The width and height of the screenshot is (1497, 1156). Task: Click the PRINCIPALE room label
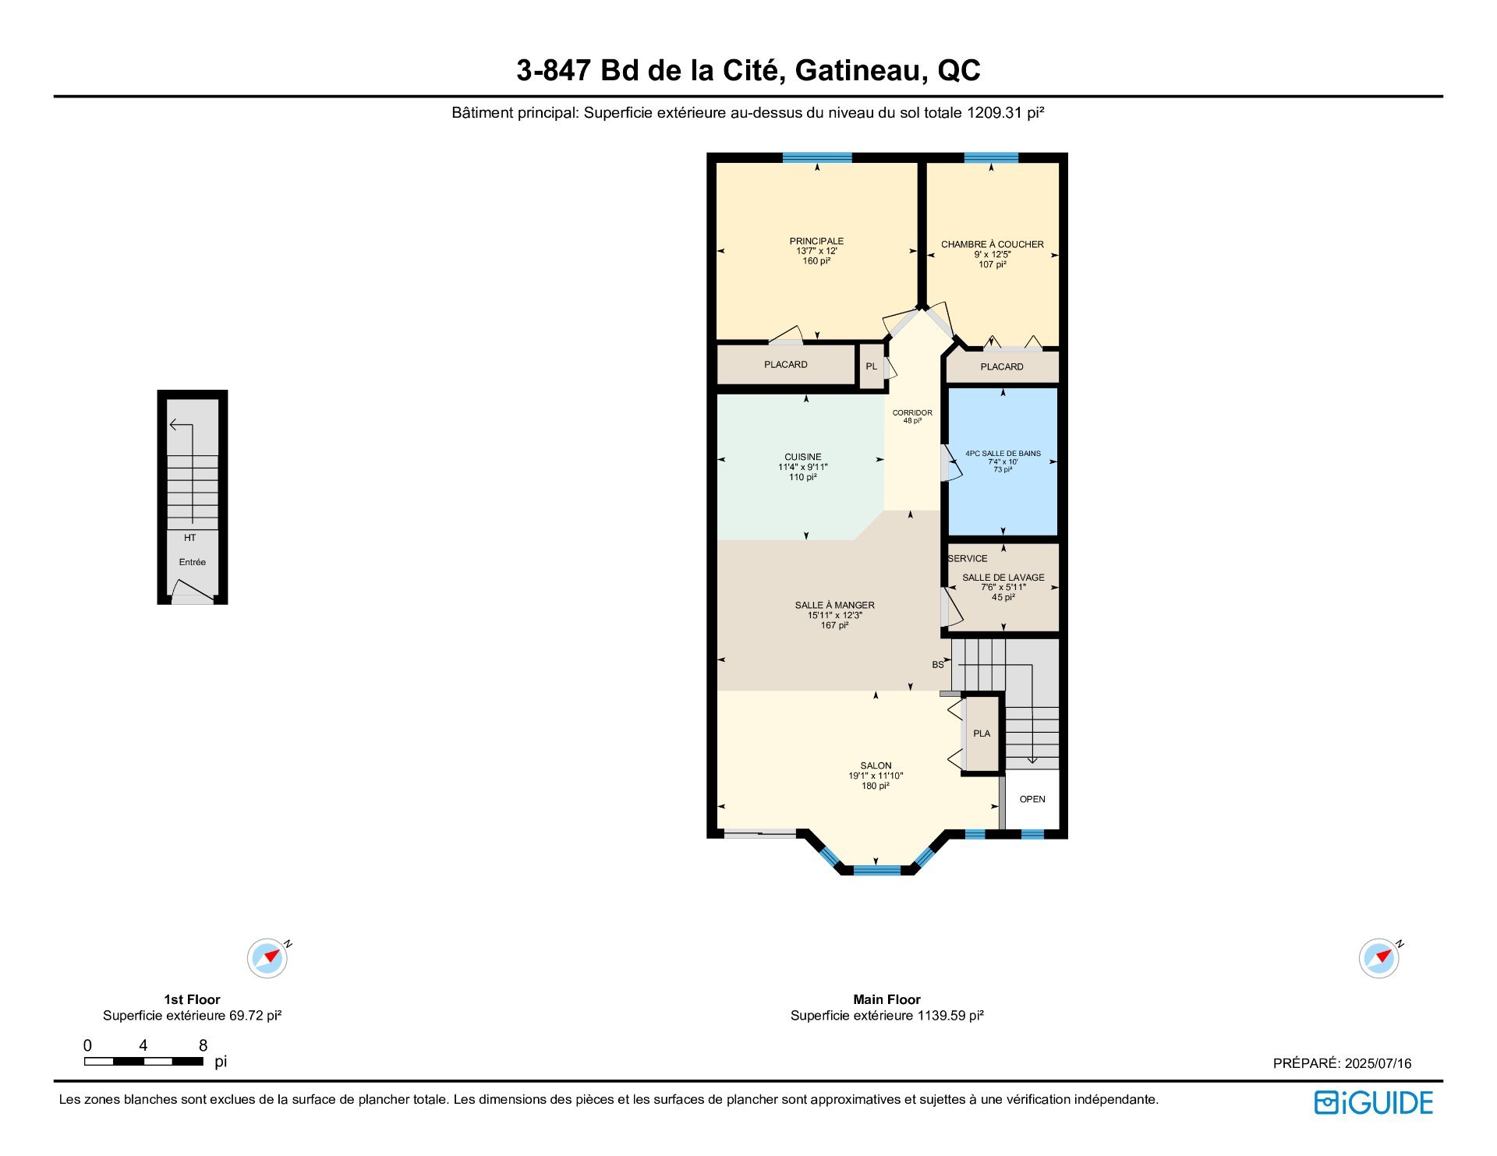tap(816, 242)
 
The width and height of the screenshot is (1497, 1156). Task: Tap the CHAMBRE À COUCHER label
tap(992, 245)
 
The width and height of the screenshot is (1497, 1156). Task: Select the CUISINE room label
tap(802, 458)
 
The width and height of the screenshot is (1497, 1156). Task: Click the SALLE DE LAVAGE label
tap(1003, 578)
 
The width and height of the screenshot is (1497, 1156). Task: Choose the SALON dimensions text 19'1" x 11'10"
tap(876, 776)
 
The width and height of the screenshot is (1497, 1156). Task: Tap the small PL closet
tap(871, 366)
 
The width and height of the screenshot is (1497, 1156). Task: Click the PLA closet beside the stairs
tap(982, 734)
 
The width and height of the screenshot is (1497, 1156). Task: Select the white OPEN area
tap(1032, 799)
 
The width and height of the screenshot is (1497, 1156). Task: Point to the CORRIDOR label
tap(912, 413)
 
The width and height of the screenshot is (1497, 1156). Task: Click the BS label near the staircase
tap(938, 665)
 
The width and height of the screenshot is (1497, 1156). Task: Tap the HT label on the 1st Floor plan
tap(189, 538)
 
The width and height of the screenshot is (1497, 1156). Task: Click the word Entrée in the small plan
tap(192, 562)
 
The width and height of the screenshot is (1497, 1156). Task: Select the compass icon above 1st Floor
tap(267, 958)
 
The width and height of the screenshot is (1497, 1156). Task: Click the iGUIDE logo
tap(1373, 1102)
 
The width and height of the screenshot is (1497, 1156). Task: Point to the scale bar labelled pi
tap(143, 1061)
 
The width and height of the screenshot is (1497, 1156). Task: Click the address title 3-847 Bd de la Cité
tap(748, 71)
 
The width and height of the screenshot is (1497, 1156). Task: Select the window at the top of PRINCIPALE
tap(816, 157)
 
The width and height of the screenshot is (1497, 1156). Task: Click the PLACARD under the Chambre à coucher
tap(1002, 367)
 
